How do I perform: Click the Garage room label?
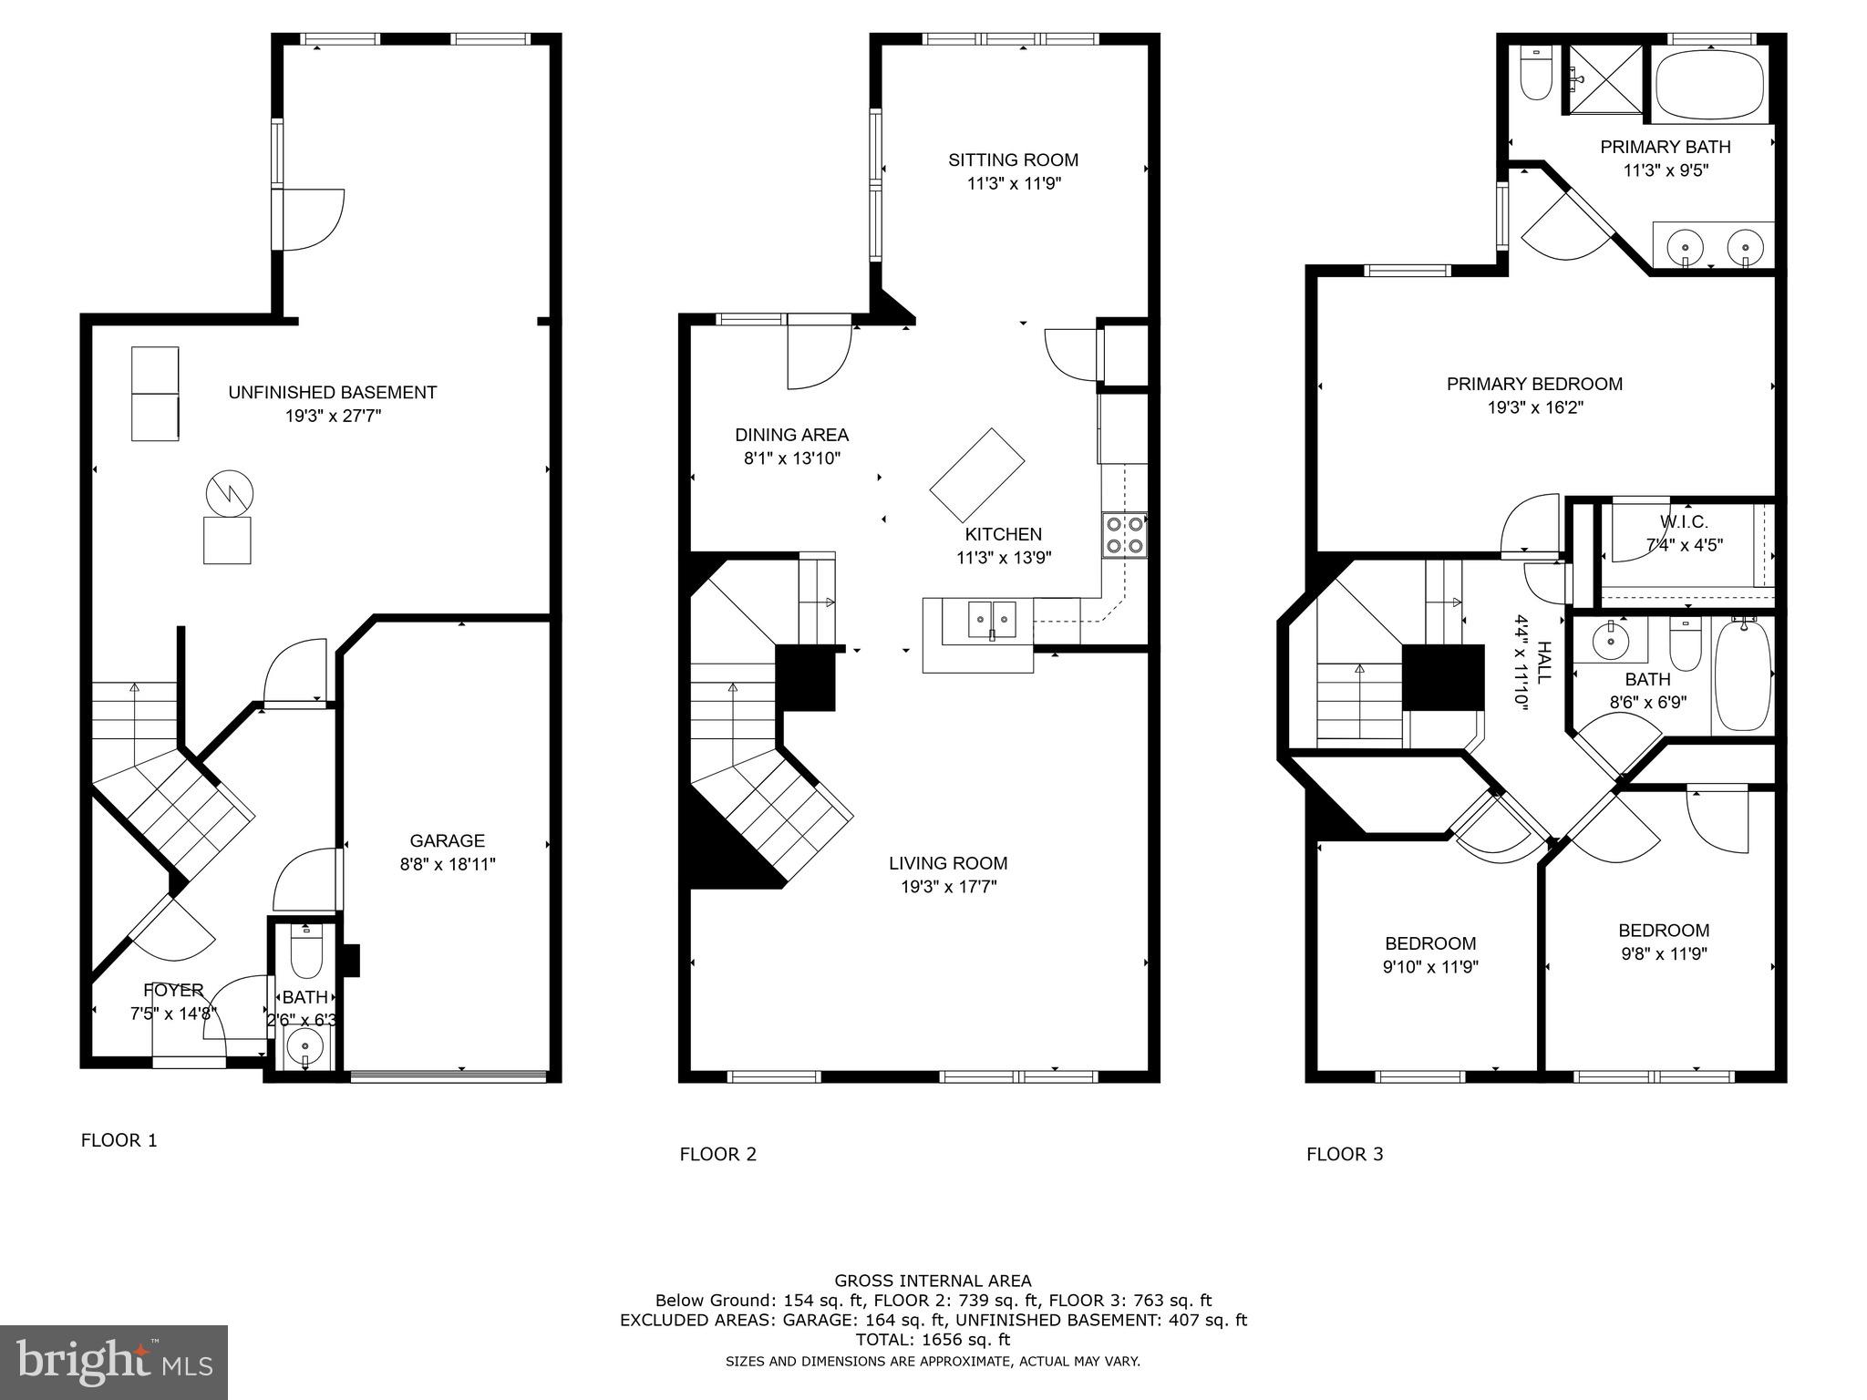pos(447,840)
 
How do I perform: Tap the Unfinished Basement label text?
pos(332,393)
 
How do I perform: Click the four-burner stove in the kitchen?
pos(1125,535)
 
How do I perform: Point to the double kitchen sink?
pos(992,622)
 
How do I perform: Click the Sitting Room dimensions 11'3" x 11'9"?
pos(1013,184)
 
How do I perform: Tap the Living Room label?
pos(947,863)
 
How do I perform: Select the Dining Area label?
pos(791,436)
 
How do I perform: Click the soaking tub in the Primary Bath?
pos(1710,87)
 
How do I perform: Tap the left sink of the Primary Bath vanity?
pos(1686,247)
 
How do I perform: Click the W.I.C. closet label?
pos(1683,522)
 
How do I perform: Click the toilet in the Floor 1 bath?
pos(304,954)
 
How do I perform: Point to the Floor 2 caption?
pos(717,1155)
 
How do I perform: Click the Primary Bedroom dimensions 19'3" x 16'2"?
pos(1534,408)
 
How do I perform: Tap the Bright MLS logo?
pos(114,1363)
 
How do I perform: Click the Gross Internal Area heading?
pos(933,1281)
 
